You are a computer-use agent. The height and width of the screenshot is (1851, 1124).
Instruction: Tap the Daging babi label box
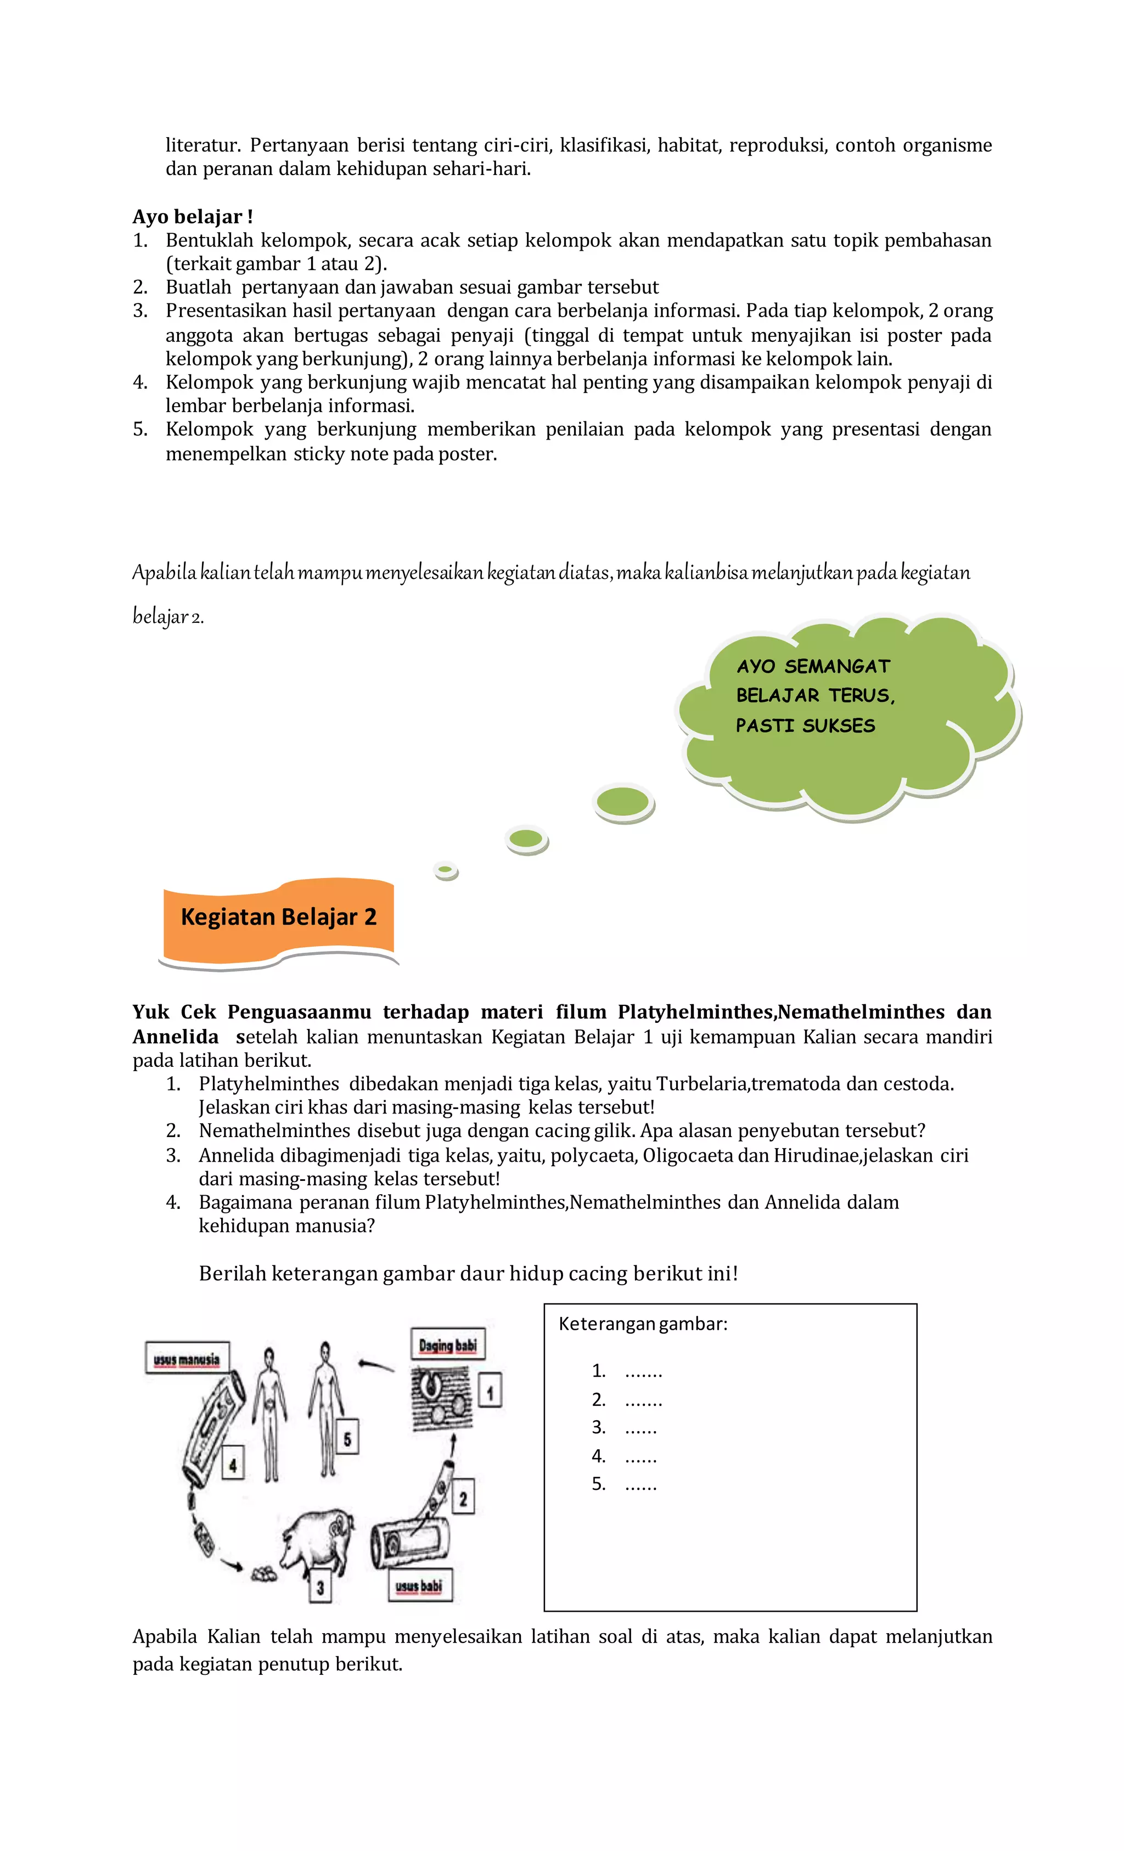coord(448,1344)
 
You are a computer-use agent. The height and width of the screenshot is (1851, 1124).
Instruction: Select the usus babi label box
coord(419,1586)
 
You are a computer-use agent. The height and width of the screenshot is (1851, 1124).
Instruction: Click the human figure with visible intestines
coord(269,1413)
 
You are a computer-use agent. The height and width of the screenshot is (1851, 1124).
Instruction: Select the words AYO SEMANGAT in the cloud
coord(812,666)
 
